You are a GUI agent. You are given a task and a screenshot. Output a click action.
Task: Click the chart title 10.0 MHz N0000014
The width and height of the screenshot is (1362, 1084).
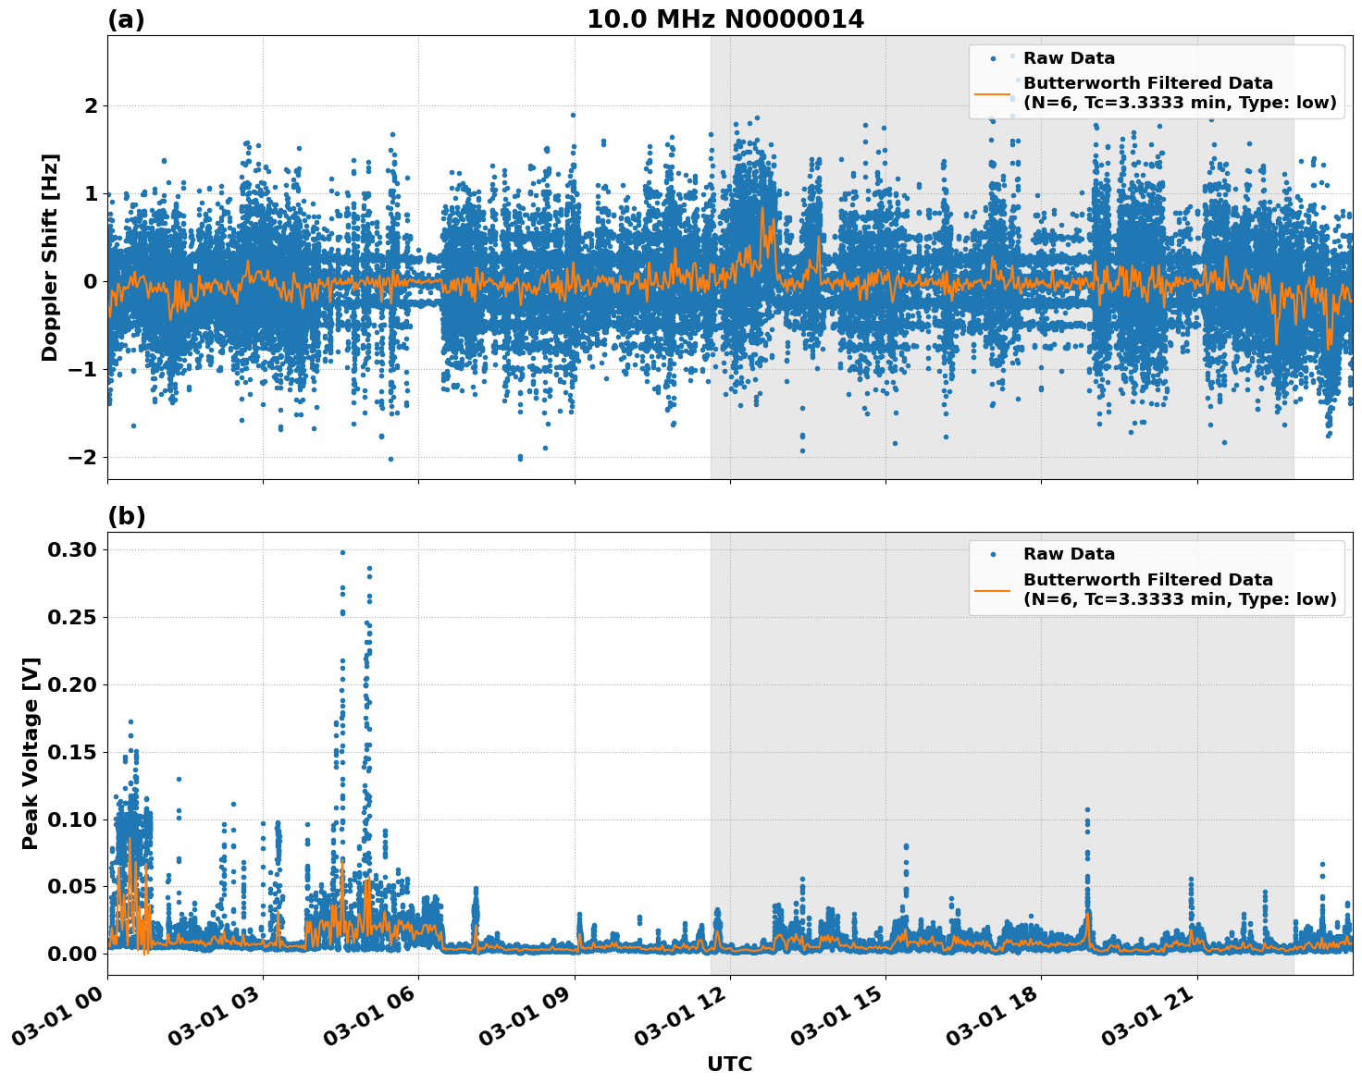coord(724,19)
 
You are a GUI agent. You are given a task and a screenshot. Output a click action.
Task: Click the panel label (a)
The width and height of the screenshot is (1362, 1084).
coord(126,19)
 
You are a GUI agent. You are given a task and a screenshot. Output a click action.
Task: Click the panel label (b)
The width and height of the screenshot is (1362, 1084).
coord(126,516)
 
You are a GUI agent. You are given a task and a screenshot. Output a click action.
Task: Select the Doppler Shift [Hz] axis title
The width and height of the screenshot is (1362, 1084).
coord(50,257)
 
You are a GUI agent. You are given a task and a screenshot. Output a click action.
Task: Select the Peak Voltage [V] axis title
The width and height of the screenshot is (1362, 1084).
coord(31,753)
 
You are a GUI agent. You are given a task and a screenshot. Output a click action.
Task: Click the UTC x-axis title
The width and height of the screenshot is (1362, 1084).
coord(729,1064)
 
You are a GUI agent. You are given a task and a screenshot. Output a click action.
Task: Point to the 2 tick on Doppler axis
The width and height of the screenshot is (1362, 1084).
coord(91,106)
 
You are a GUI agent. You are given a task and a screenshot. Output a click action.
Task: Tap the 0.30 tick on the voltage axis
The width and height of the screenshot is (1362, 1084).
coord(71,550)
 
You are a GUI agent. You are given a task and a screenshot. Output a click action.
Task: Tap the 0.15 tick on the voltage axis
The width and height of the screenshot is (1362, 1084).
coord(71,753)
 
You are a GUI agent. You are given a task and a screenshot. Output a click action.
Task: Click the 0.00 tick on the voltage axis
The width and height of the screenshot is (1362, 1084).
coord(71,955)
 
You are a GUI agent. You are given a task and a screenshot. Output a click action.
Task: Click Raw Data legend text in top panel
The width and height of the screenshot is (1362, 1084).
coord(1069,58)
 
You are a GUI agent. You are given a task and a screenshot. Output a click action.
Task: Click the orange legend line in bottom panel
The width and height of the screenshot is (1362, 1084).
coord(993,589)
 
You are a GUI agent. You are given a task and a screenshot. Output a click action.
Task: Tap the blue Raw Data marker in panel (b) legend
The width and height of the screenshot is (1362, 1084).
coord(993,555)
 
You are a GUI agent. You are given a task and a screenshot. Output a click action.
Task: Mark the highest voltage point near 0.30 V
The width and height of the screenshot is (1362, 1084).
coord(342,552)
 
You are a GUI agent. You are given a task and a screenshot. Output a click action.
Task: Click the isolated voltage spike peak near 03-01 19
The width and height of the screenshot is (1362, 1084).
coord(1087,810)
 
